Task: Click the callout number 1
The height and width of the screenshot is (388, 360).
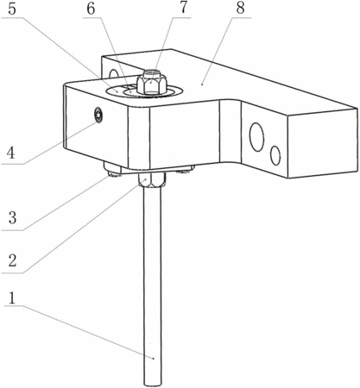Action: pyautogui.click(x=12, y=298)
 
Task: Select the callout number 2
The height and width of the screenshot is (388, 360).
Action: pyautogui.click(x=12, y=261)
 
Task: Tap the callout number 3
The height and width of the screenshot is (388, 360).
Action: pyautogui.click(x=12, y=217)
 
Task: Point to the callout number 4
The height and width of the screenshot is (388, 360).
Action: pyautogui.click(x=11, y=153)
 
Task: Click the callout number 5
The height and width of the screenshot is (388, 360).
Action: pyautogui.click(x=12, y=9)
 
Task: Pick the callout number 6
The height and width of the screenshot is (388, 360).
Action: pyautogui.click(x=91, y=9)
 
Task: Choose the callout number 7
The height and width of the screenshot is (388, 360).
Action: pyautogui.click(x=183, y=9)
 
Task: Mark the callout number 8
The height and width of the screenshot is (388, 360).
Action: pyautogui.click(x=240, y=9)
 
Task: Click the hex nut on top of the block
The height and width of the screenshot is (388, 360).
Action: pyautogui.click(x=152, y=84)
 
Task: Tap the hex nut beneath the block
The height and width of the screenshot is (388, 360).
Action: pyautogui.click(x=152, y=180)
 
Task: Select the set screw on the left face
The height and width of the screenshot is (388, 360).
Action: pyautogui.click(x=98, y=116)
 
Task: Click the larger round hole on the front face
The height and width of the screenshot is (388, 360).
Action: pyautogui.click(x=256, y=137)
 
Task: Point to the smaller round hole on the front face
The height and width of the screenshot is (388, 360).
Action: pyautogui.click(x=275, y=155)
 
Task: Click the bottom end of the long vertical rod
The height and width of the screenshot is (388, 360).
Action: pyautogui.click(x=153, y=385)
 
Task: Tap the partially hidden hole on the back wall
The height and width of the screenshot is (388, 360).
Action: pyautogui.click(x=113, y=73)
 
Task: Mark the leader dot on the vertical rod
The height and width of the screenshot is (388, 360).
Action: pyautogui.click(x=154, y=358)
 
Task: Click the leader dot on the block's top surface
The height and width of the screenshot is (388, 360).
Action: pyautogui.click(x=202, y=84)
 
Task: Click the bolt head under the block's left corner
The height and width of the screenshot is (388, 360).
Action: pyautogui.click(x=113, y=170)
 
